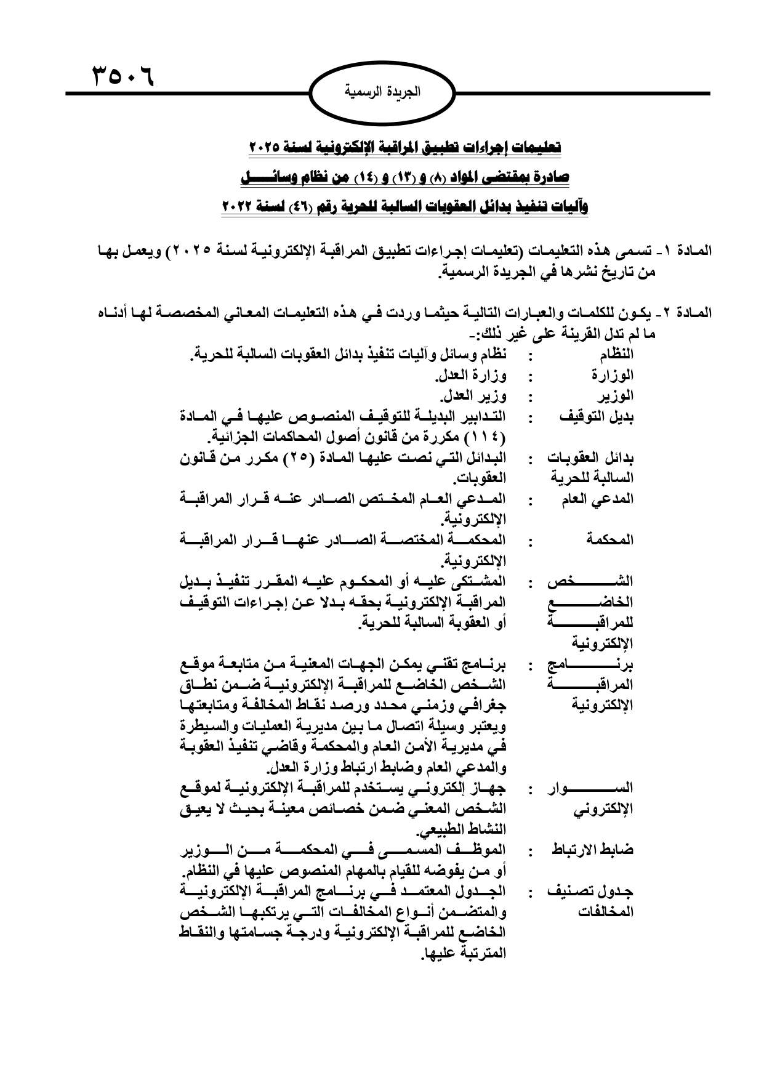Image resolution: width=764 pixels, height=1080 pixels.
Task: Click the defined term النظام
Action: point(616,355)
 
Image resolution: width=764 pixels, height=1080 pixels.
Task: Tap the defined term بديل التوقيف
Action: point(597,416)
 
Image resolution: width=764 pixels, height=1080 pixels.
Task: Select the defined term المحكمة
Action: point(610,540)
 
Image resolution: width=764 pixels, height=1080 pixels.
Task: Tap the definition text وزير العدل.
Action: point(473,395)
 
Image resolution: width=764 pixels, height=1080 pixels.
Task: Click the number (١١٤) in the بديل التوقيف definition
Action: point(487,437)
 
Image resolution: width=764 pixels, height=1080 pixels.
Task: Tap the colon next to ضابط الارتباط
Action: point(530,853)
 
